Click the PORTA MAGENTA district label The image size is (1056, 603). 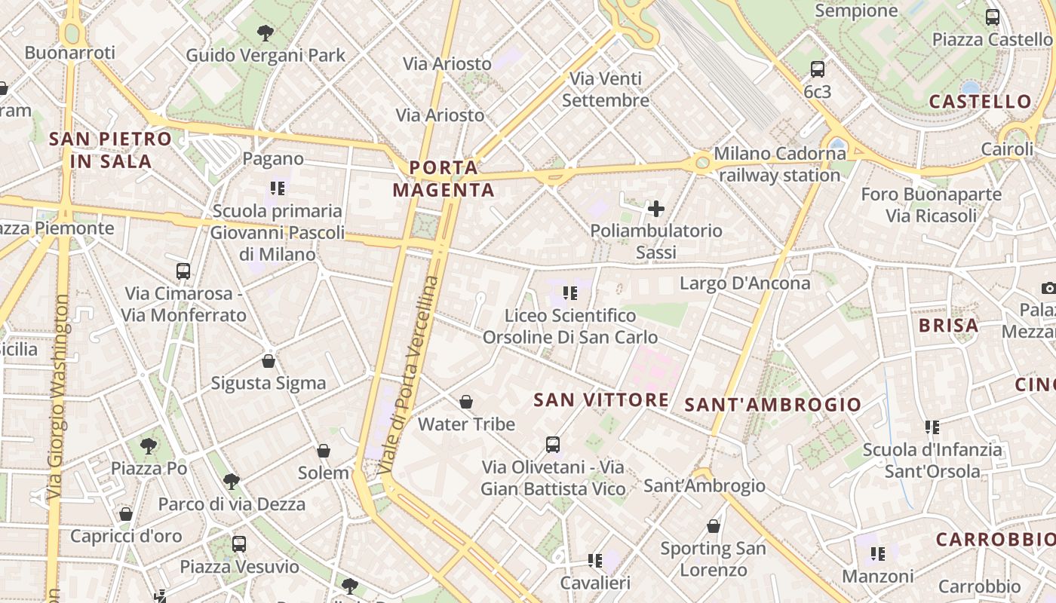[x=444, y=179]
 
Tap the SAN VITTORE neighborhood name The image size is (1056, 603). [x=601, y=399]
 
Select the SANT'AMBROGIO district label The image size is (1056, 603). [x=772, y=405]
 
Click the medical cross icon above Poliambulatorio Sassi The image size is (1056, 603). [x=656, y=209]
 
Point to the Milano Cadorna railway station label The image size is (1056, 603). [x=780, y=164]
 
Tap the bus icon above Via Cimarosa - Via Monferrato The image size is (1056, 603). [x=183, y=271]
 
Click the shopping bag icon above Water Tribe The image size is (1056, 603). [x=466, y=402]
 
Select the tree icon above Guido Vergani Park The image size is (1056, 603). [x=265, y=32]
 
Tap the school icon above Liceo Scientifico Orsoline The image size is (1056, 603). [x=570, y=292]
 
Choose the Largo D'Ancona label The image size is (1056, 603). [x=745, y=283]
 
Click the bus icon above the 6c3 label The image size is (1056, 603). [x=818, y=69]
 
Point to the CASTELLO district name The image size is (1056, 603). [x=980, y=102]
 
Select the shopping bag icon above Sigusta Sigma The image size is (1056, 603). [x=268, y=361]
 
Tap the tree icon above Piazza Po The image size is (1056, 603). [x=149, y=445]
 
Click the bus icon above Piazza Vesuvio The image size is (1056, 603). [x=239, y=543]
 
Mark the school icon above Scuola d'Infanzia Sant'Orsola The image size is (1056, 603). [x=932, y=427]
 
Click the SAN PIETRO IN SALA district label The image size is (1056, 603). [x=111, y=150]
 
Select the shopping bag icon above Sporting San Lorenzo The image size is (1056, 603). [x=714, y=526]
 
